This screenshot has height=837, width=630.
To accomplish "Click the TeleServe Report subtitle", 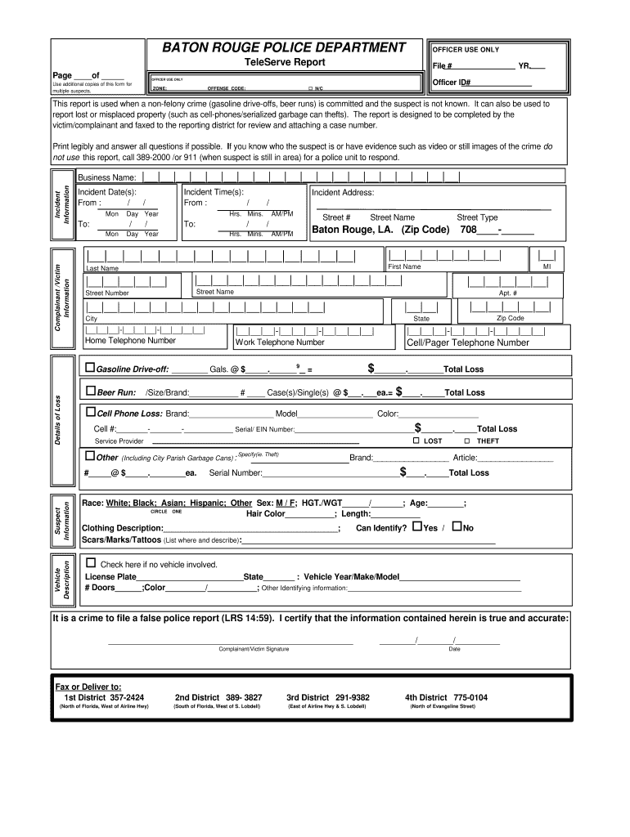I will (x=285, y=63).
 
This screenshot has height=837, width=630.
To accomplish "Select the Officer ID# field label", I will (x=452, y=83).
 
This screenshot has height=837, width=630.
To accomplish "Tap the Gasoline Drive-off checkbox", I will (x=90, y=368).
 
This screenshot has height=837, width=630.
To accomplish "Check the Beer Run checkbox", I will (x=90, y=391).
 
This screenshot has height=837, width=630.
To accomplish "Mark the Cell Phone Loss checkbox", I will (x=90, y=413).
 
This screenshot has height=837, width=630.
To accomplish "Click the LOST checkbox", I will (x=416, y=441).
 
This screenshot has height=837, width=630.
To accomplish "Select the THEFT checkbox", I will (x=467, y=441).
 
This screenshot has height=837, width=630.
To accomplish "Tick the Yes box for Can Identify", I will (x=417, y=526).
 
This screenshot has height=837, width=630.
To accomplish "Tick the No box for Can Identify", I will (x=457, y=526).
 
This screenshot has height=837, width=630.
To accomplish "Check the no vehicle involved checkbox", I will (x=91, y=563).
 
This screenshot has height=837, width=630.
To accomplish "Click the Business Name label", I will (x=106, y=177).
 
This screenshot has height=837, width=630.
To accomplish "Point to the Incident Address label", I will (x=343, y=192).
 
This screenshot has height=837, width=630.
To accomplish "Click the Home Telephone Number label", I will (x=131, y=341).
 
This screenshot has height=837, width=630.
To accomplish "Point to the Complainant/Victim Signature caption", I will (x=254, y=649).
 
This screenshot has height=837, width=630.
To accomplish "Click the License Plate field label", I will (x=110, y=576).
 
